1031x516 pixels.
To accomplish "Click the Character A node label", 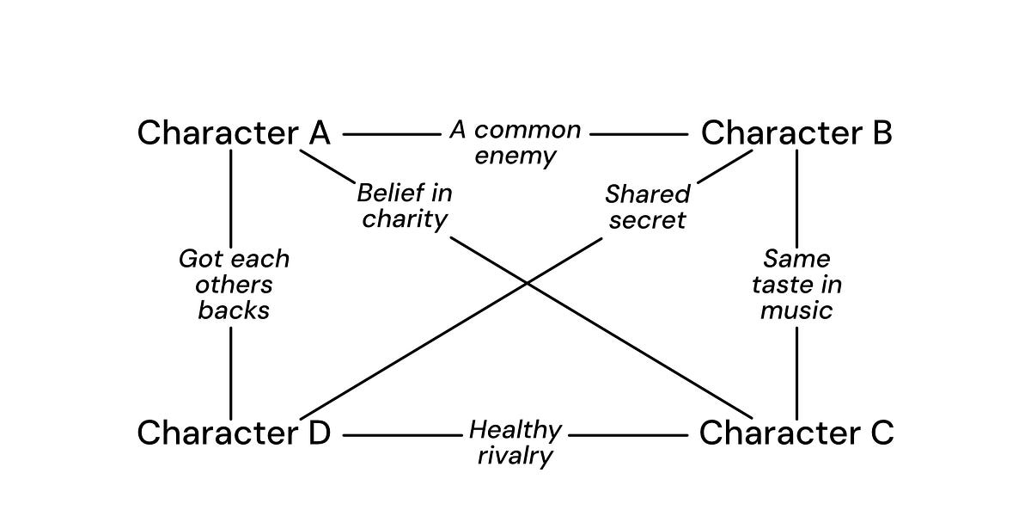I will [x=234, y=133].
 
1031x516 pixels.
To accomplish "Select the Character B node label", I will [x=796, y=133].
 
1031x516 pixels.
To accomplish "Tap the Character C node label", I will [x=796, y=433].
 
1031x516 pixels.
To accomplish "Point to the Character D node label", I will [x=234, y=433].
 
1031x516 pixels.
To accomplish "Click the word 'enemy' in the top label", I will [x=515, y=157].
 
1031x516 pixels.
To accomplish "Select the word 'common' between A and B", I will [x=528, y=131].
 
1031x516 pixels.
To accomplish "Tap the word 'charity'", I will [x=405, y=218].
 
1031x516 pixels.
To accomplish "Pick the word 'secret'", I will [x=647, y=220].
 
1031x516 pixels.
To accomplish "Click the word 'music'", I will [x=796, y=310].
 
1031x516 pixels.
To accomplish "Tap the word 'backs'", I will [x=234, y=310].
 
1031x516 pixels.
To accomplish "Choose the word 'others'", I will [x=234, y=285].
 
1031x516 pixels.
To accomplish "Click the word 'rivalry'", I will [x=515, y=456].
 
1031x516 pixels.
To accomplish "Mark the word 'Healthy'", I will [x=515, y=430].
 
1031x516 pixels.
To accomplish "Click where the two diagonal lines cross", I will [x=526, y=282].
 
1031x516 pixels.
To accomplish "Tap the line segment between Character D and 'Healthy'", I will [x=402, y=436].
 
